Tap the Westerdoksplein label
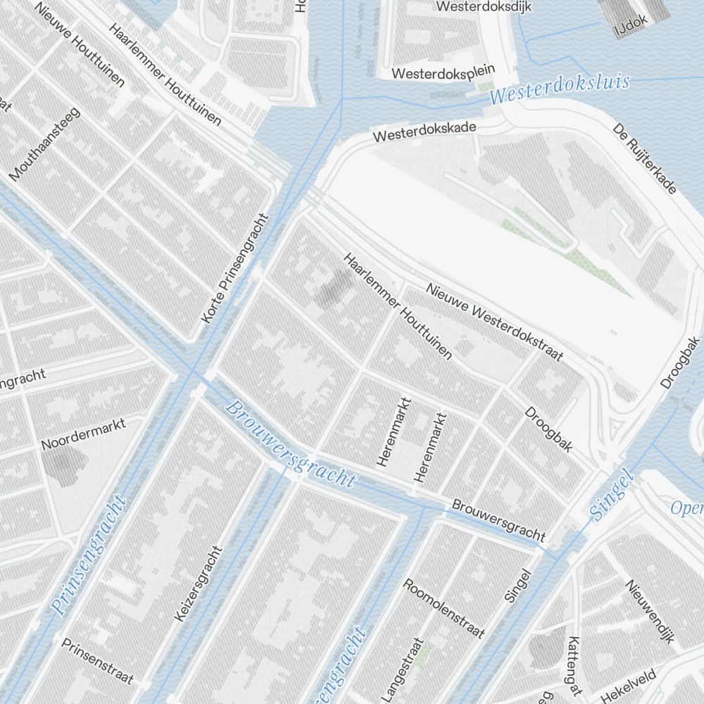tap(444, 73)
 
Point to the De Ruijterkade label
tap(644, 159)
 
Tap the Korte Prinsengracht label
tap(235, 269)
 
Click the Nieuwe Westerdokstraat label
tap(494, 322)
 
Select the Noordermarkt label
tap(83, 434)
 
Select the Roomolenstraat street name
tap(444, 608)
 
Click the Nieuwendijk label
tap(650, 612)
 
